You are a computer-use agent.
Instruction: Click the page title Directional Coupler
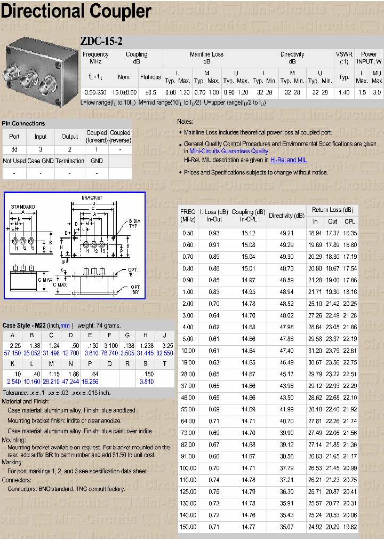(76, 11)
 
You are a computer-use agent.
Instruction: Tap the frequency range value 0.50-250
(95, 92)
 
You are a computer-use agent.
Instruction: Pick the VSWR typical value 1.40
(344, 92)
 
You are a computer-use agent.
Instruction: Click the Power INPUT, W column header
(369, 58)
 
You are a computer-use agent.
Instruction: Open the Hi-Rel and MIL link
(288, 160)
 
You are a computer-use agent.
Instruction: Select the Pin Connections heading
(23, 123)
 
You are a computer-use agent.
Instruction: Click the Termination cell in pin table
(70, 161)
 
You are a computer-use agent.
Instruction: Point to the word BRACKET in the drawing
(92, 197)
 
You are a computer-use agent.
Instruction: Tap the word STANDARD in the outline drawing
(23, 207)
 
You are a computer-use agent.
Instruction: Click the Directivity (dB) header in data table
(286, 216)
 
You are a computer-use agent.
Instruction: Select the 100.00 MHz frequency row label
(188, 468)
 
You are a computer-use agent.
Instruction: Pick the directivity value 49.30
(286, 257)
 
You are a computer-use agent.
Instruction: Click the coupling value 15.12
(249, 233)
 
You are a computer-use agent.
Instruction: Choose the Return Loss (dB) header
(332, 210)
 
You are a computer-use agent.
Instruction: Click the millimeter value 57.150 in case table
(12, 353)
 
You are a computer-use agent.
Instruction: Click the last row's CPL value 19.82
(350, 527)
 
